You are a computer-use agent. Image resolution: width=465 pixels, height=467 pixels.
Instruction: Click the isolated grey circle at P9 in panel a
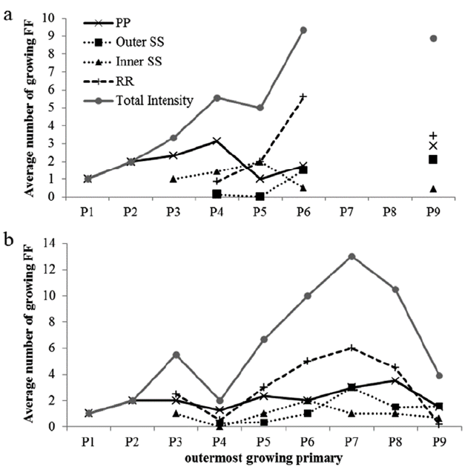433,39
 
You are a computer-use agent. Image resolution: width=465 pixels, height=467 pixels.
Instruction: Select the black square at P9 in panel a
433,159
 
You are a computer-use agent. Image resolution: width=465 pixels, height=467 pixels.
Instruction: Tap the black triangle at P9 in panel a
433,188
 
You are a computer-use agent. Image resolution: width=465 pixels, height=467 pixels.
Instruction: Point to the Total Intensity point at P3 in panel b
176,354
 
